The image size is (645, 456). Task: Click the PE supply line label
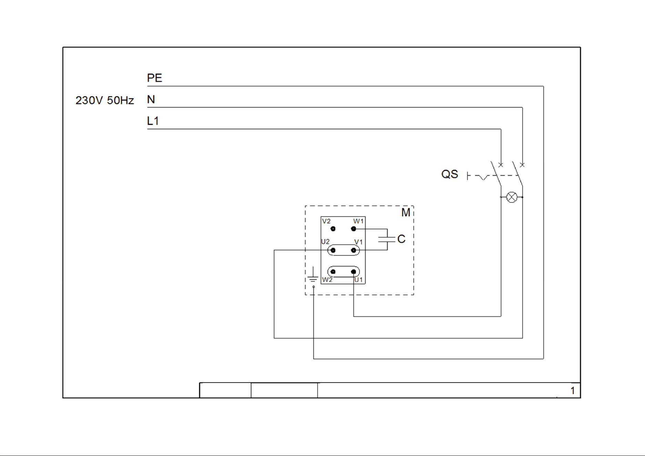pyautogui.click(x=154, y=78)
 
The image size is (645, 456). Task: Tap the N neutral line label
pyautogui.click(x=151, y=100)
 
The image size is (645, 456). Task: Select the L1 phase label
pyautogui.click(x=153, y=121)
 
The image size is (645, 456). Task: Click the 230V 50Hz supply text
pyautogui.click(x=105, y=100)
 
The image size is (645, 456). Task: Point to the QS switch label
pyautogui.click(x=450, y=174)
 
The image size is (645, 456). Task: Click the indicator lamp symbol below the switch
pyautogui.click(x=512, y=197)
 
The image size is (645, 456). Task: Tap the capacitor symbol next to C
pyautogui.click(x=387, y=239)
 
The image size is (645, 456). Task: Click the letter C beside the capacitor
pyautogui.click(x=401, y=239)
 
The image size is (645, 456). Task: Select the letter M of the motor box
pyautogui.click(x=406, y=212)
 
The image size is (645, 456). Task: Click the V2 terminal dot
pyautogui.click(x=333, y=229)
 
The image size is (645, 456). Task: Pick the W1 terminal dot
pyautogui.click(x=354, y=229)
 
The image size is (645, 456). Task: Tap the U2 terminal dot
pyautogui.click(x=333, y=250)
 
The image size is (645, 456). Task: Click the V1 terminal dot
pyautogui.click(x=354, y=250)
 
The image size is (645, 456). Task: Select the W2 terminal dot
pyautogui.click(x=333, y=272)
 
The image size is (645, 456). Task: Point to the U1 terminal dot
pyautogui.click(x=354, y=272)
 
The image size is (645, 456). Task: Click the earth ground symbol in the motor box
pyautogui.click(x=313, y=276)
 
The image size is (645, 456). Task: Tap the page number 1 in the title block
pyautogui.click(x=573, y=391)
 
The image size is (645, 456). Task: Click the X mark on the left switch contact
pyautogui.click(x=501, y=165)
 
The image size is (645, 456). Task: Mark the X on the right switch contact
pyautogui.click(x=522, y=165)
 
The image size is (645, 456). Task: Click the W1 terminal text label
pyautogui.click(x=358, y=221)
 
